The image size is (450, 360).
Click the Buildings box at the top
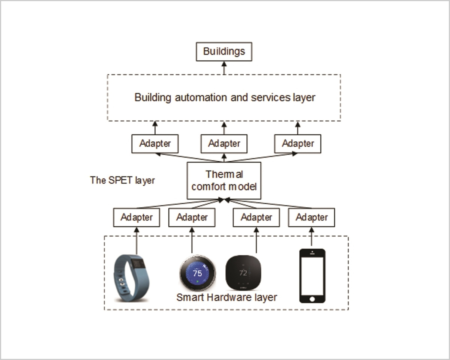[224, 52]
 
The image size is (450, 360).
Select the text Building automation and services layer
[225, 97]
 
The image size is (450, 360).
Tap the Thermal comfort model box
[224, 180]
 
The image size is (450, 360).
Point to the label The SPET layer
[122, 180]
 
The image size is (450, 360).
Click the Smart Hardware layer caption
[226, 297]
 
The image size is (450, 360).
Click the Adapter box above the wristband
[136, 217]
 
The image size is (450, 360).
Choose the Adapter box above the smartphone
[311, 217]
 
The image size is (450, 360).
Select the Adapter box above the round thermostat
[192, 217]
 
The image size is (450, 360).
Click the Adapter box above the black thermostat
[256, 217]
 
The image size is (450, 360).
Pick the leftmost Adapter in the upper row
[155, 144]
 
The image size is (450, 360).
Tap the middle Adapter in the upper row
[224, 144]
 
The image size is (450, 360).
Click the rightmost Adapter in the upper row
[298, 144]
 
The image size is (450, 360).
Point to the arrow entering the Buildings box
[224, 67]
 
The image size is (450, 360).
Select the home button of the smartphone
[312, 298]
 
